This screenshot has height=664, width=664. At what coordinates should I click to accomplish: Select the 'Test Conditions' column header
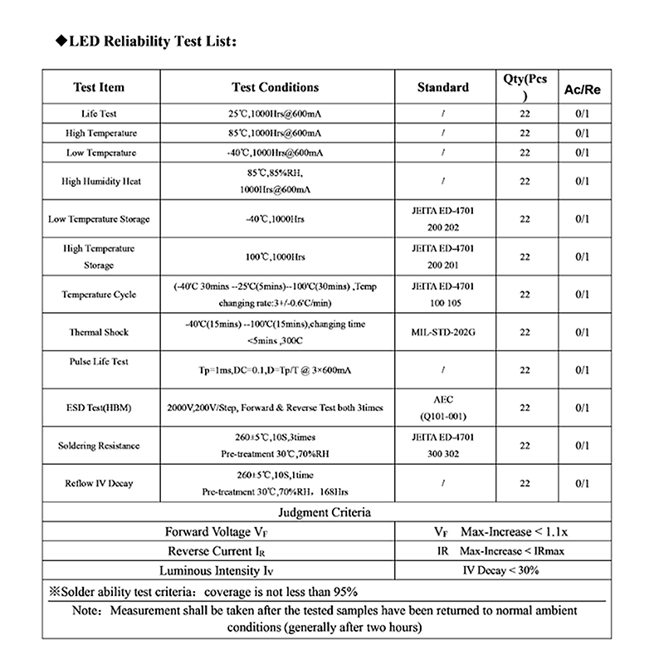point(275,87)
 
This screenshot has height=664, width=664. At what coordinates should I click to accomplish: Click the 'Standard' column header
point(442,87)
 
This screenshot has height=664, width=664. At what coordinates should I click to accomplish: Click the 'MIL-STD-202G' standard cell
point(442,332)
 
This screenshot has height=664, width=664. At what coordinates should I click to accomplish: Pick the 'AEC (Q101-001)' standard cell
point(442,408)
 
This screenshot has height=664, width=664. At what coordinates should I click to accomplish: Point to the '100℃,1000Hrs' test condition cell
point(275,256)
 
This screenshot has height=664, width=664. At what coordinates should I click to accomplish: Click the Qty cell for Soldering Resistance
point(525,446)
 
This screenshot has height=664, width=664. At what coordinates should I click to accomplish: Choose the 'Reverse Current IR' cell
point(218,551)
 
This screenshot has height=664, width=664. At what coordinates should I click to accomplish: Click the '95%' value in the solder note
point(343,591)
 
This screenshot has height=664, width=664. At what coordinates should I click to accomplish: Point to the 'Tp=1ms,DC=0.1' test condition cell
point(275,370)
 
